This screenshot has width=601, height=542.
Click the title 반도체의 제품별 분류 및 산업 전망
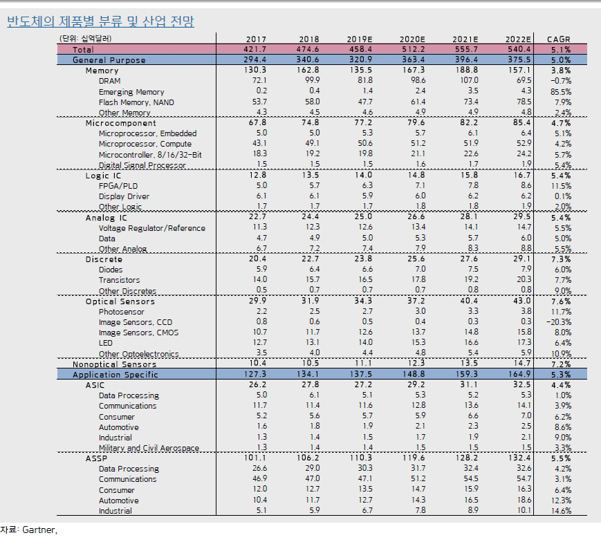pyautogui.click(x=100, y=21)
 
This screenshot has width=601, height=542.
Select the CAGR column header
pyautogui.click(x=558, y=39)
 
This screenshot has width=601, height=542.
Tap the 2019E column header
pyautogui.click(x=360, y=39)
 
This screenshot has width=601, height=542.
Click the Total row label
pyautogui.click(x=83, y=49)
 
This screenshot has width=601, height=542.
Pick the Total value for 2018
pyautogui.click(x=308, y=49)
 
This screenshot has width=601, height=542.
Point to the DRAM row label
pyautogui.click(x=110, y=81)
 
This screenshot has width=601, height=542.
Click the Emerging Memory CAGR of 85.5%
pyautogui.click(x=561, y=91)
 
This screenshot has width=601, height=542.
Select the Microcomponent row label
pyautogui.click(x=121, y=123)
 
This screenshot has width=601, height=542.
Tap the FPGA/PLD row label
pyautogui.click(x=118, y=186)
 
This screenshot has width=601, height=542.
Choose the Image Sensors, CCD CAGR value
pyautogui.click(x=559, y=321)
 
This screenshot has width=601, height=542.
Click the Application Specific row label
pyautogui.click(x=115, y=375)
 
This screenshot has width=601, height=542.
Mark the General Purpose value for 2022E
pyautogui.click(x=519, y=59)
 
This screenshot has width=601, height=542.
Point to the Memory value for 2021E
pyautogui.click(x=466, y=70)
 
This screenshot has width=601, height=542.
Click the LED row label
pyautogui.click(x=106, y=343)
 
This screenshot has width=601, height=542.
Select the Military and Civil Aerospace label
pyautogui.click(x=149, y=448)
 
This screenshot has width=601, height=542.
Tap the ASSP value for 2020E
pyautogui.click(x=414, y=458)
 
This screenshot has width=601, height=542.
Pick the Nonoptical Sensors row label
pyautogui.click(x=115, y=364)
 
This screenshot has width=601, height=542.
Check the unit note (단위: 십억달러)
pyautogui.click(x=86, y=38)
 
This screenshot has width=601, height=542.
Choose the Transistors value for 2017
pyautogui.click(x=260, y=279)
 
